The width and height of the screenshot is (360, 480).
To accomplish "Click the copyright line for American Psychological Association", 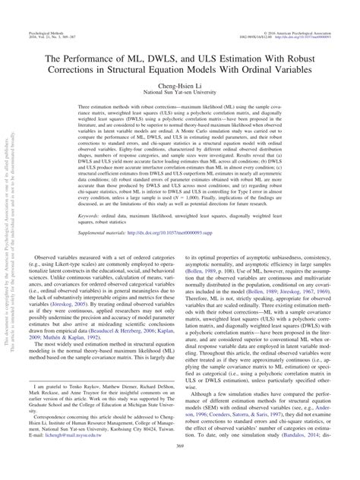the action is (308, 12).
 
